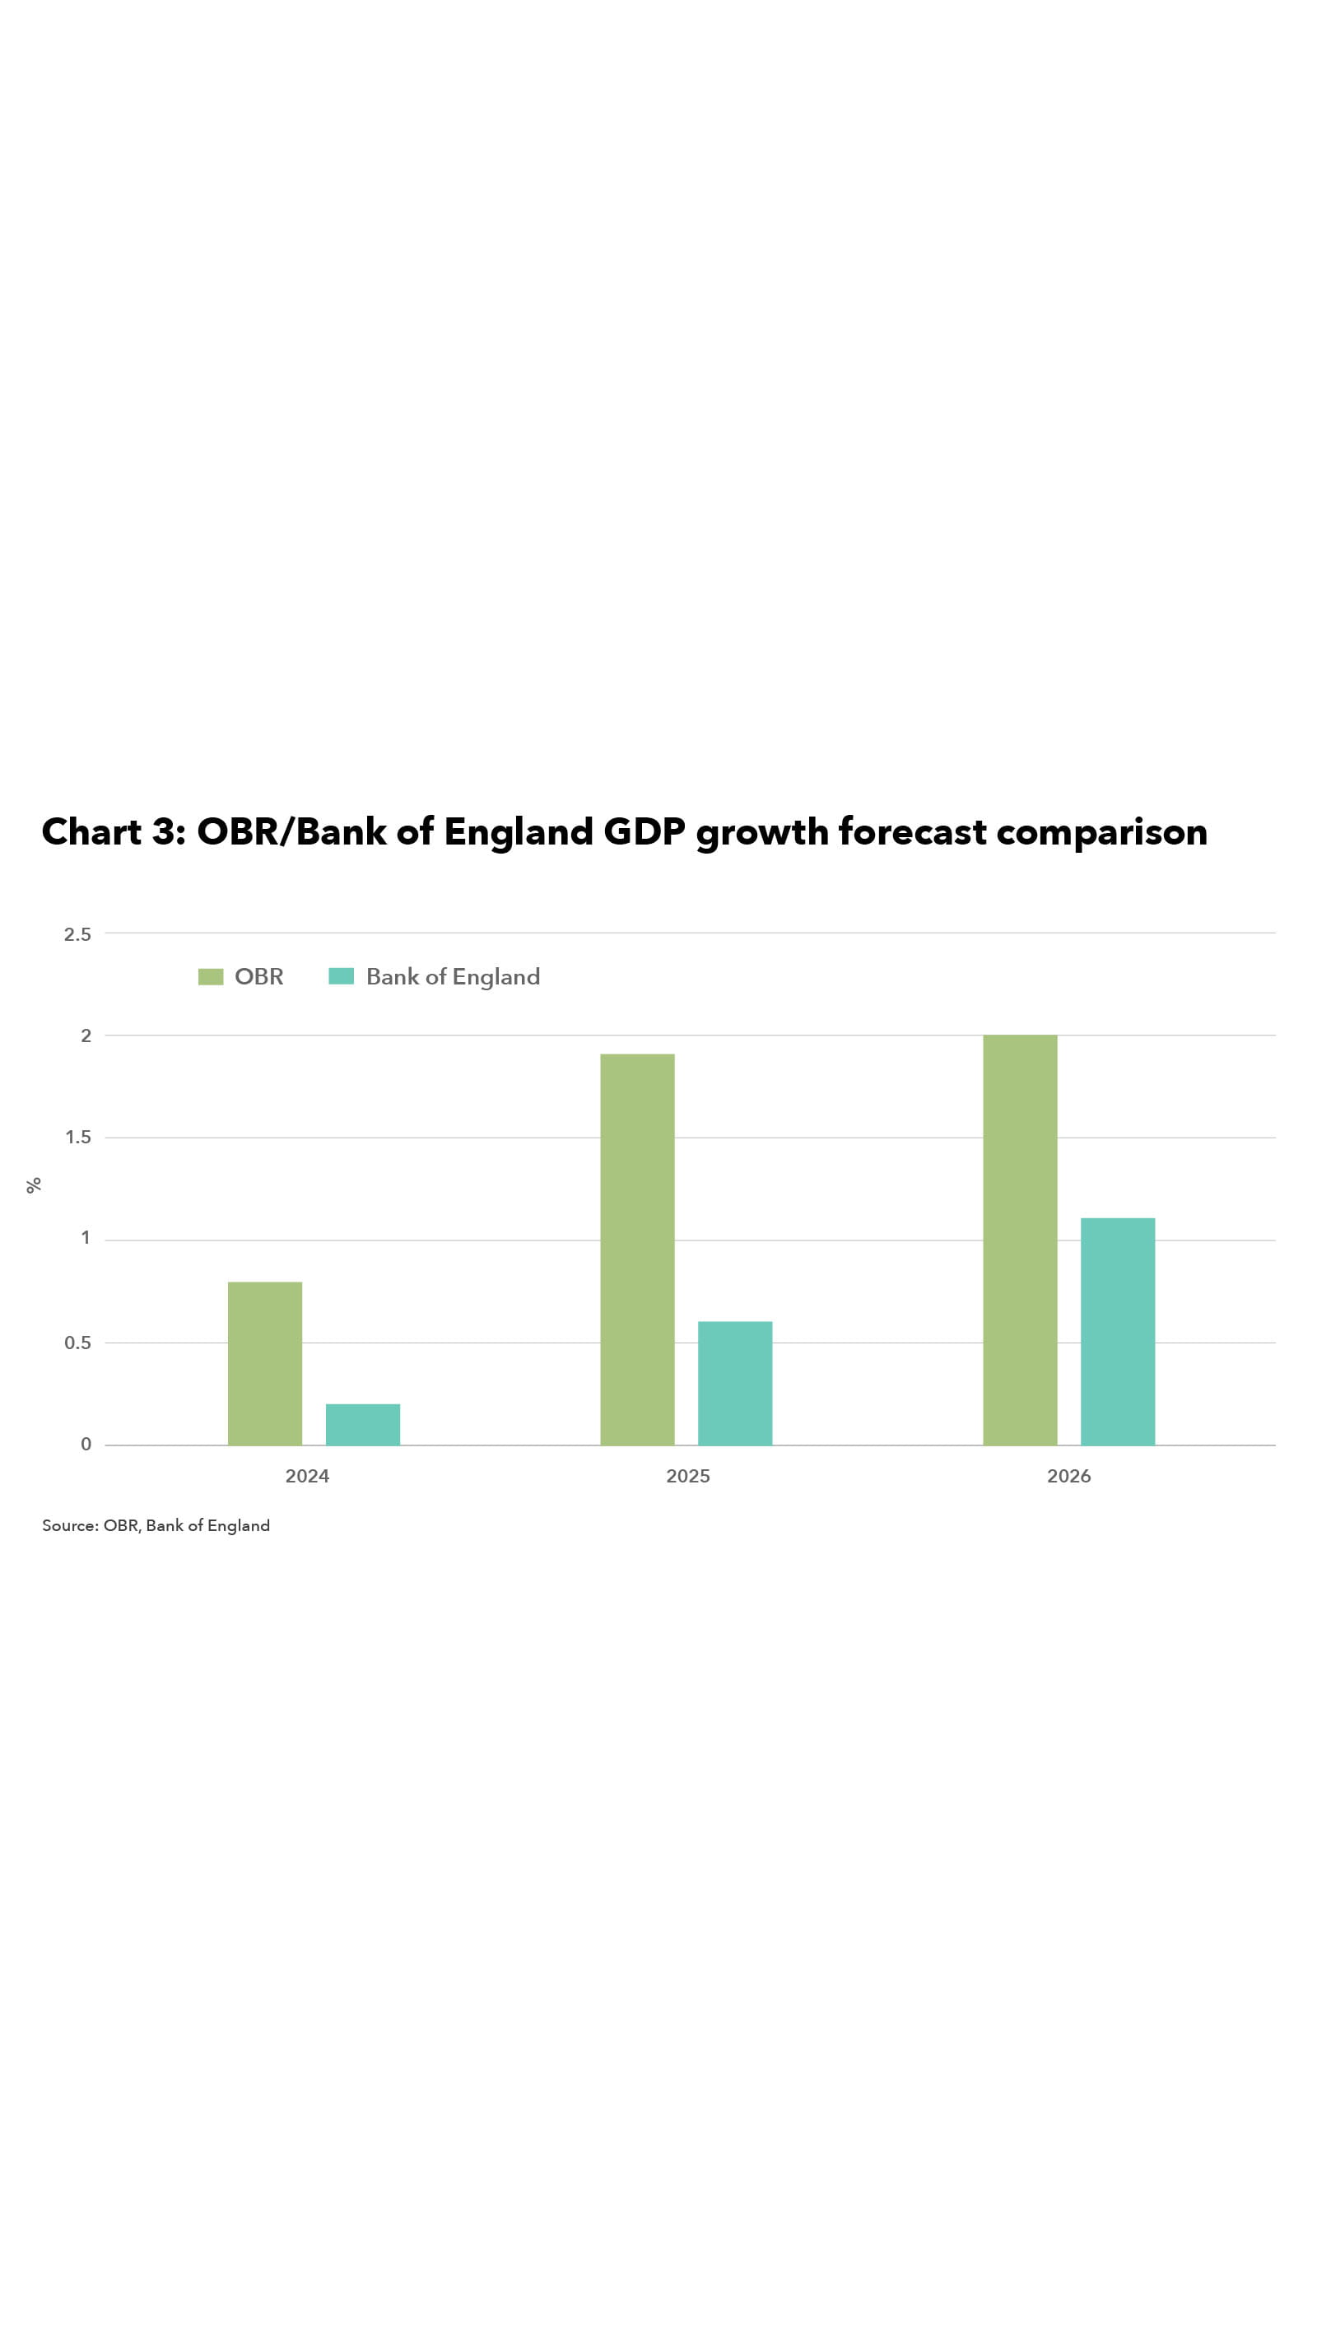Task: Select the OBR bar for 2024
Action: (264, 1362)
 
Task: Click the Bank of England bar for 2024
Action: (363, 1424)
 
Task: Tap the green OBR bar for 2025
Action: (637, 1249)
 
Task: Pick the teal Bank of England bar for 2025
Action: (734, 1382)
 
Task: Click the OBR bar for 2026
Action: (1020, 1240)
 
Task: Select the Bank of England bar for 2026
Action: (1117, 1330)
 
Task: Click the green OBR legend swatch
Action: (211, 977)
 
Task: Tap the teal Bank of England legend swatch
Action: (341, 977)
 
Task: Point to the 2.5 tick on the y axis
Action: (77, 934)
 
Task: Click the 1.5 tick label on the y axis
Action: (78, 1138)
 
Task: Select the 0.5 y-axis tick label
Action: (77, 1343)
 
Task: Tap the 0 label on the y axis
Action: (86, 1444)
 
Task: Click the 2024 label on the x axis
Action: (307, 1476)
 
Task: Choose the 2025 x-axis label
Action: (688, 1476)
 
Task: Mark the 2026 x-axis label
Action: (1069, 1476)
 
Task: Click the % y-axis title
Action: (34, 1185)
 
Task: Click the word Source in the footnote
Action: (69, 1526)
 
